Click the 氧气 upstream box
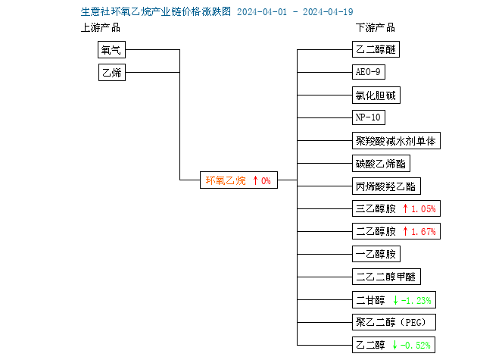pyautogui.click(x=111, y=50)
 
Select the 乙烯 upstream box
pyautogui.click(x=112, y=72)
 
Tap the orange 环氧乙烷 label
pyautogui.click(x=226, y=180)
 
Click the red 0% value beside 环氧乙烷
pyautogui.click(x=266, y=180)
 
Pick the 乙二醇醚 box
pyautogui.click(x=376, y=49)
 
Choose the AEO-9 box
pyautogui.click(x=369, y=72)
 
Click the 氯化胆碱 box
pyautogui.click(x=376, y=95)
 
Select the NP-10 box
pyautogui.click(x=369, y=117)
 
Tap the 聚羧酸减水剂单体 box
pyautogui.click(x=396, y=141)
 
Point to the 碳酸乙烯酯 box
pyautogui.click(x=381, y=164)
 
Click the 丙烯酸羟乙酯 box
pyautogui.click(x=386, y=186)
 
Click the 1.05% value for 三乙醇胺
pyautogui.click(x=423, y=209)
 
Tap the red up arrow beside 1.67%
pyautogui.click(x=405, y=231)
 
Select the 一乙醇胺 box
pyautogui.click(x=376, y=254)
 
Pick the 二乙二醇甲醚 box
pyautogui.click(x=386, y=277)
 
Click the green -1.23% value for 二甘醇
pyautogui.click(x=416, y=301)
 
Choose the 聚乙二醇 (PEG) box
pyautogui.click(x=394, y=322)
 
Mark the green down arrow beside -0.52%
pyautogui.click(x=395, y=345)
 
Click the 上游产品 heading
pyautogui.click(x=101, y=28)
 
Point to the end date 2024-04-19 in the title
pyautogui.click(x=328, y=12)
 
